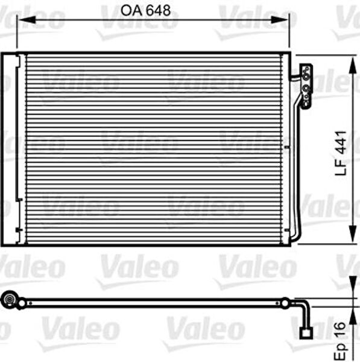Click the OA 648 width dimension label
click(146, 10)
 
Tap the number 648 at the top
click(157, 10)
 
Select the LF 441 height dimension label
click(341, 153)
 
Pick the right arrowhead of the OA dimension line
click(287, 20)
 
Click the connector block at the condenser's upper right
click(307, 84)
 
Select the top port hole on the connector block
click(307, 72)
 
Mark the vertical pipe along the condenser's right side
click(295, 169)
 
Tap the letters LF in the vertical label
click(341, 168)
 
